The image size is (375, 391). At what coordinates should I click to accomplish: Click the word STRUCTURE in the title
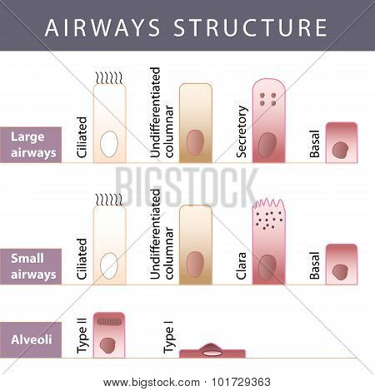tap(250, 27)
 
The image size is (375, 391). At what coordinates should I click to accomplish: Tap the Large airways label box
tap(31, 145)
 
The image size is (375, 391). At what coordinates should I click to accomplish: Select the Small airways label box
tap(31, 266)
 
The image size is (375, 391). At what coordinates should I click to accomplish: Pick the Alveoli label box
tap(31, 339)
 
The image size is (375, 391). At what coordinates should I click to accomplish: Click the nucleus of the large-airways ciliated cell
tap(109, 144)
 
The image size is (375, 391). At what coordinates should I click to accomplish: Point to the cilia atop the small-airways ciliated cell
tap(109, 200)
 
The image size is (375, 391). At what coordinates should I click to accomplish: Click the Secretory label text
tap(242, 131)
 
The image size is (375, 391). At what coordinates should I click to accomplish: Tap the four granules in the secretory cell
tap(267, 99)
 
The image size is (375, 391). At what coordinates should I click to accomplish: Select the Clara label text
tap(241, 265)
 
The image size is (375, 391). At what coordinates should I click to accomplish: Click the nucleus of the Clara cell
tap(267, 267)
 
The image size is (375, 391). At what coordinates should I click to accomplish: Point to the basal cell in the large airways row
tap(342, 142)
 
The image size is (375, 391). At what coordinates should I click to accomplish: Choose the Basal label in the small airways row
tap(315, 265)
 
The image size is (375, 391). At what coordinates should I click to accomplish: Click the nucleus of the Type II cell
tap(107, 345)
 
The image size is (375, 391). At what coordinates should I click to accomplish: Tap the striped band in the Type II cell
tap(109, 322)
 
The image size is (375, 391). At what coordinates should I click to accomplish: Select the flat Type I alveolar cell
tap(212, 351)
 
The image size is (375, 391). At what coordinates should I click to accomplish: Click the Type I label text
tap(168, 337)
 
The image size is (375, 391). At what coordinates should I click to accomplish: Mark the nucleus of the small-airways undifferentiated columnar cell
tap(195, 264)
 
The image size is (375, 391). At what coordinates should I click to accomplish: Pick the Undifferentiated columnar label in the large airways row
tap(162, 112)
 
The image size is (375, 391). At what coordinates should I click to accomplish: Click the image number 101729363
tap(241, 382)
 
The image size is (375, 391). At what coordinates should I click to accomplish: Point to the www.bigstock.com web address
tap(152, 383)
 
